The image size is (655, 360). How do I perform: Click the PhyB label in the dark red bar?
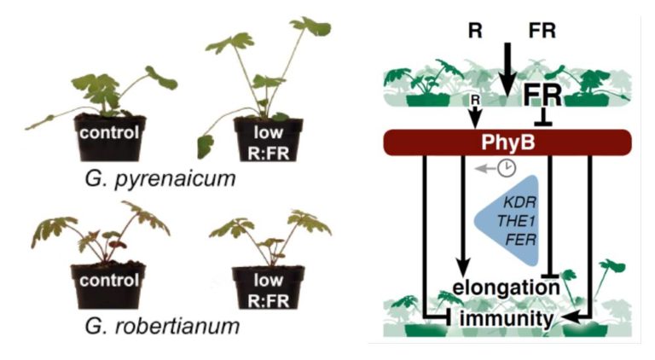click(x=510, y=142)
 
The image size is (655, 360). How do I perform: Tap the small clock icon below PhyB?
click(x=507, y=168)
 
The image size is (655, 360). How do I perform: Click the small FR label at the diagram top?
click(x=542, y=32)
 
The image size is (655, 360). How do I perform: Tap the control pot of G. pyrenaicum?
click(x=108, y=137)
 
